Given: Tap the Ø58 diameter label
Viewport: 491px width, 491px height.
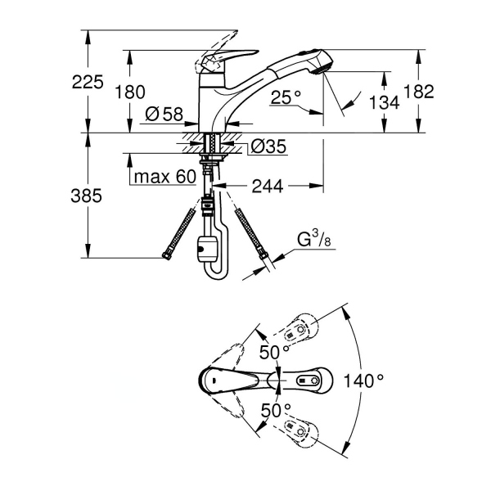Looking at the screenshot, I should (x=164, y=115).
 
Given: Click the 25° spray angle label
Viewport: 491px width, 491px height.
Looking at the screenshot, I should (x=287, y=96).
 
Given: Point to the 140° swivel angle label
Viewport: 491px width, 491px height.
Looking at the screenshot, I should (x=364, y=381).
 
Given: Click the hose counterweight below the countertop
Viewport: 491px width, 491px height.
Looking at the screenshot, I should (x=205, y=247).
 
